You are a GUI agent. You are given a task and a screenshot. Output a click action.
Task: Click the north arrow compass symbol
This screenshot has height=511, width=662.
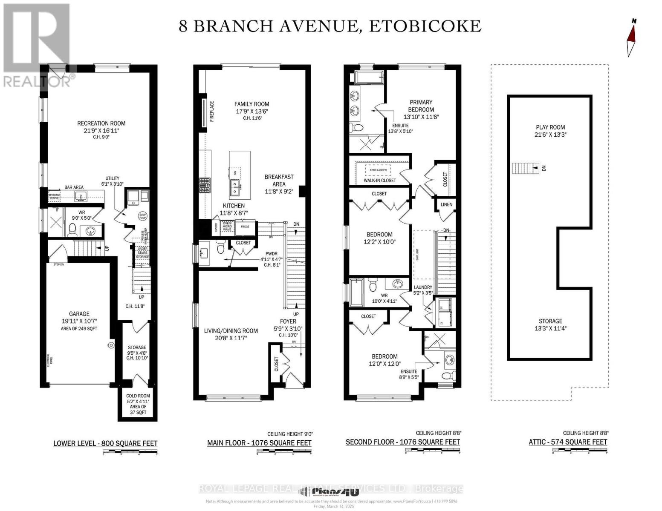631,38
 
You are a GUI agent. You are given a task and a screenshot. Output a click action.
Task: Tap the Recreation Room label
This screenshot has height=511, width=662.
101,123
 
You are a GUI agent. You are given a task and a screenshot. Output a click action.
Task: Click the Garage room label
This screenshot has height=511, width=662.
80,314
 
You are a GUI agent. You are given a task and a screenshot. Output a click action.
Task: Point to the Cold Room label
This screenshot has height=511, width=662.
138,396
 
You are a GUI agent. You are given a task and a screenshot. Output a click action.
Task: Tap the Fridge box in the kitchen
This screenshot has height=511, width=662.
245,227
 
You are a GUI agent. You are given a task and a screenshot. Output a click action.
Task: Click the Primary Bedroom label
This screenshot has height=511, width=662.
421,106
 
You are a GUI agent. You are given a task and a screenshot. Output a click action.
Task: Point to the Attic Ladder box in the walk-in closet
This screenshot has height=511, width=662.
378,170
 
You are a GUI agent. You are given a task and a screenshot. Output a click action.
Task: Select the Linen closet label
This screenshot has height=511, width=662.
446,205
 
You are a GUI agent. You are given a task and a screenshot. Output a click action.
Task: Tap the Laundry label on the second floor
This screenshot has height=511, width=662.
423,287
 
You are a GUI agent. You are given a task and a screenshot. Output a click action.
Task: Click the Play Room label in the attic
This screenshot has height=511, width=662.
550,127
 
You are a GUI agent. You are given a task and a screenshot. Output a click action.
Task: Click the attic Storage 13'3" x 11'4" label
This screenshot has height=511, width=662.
550,324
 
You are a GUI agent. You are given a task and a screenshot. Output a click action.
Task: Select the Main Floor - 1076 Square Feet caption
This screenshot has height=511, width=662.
259,443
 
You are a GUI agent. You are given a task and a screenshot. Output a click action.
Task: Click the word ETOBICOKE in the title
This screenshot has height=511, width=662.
425,26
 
